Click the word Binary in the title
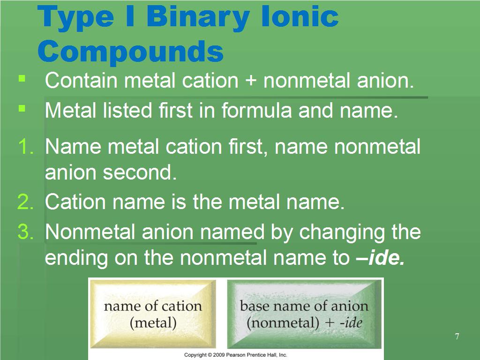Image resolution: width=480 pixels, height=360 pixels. tap(198, 18)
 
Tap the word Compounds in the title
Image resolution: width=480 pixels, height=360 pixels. tap(131, 51)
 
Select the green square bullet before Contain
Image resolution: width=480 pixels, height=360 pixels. tap(22, 79)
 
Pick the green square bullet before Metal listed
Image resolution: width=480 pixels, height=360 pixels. tap(22, 108)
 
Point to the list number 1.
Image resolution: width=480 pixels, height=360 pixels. tap(26, 146)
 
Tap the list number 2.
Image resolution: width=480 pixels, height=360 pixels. tap(25, 202)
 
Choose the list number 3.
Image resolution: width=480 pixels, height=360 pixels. tap(25, 232)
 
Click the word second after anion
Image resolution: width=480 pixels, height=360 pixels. tap(140, 172)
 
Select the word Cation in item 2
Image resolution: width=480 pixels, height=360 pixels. tap(75, 202)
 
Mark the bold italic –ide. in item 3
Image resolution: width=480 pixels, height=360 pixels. tap(381, 258)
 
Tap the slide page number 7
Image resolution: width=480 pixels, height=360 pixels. tap(457, 337)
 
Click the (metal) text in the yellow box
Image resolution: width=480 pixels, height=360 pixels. tap(153, 323)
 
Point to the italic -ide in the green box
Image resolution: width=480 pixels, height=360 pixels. tap(351, 322)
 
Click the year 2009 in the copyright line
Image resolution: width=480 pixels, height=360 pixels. tap(218, 355)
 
